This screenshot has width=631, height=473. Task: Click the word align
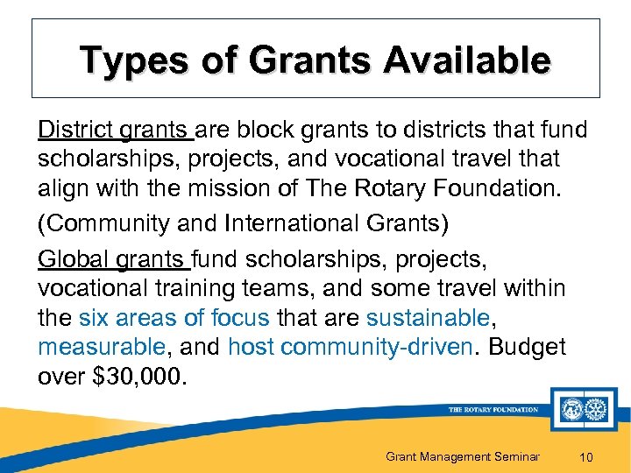[62, 187]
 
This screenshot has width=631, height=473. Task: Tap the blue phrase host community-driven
[349, 347]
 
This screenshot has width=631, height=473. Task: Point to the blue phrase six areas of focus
[174, 317]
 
